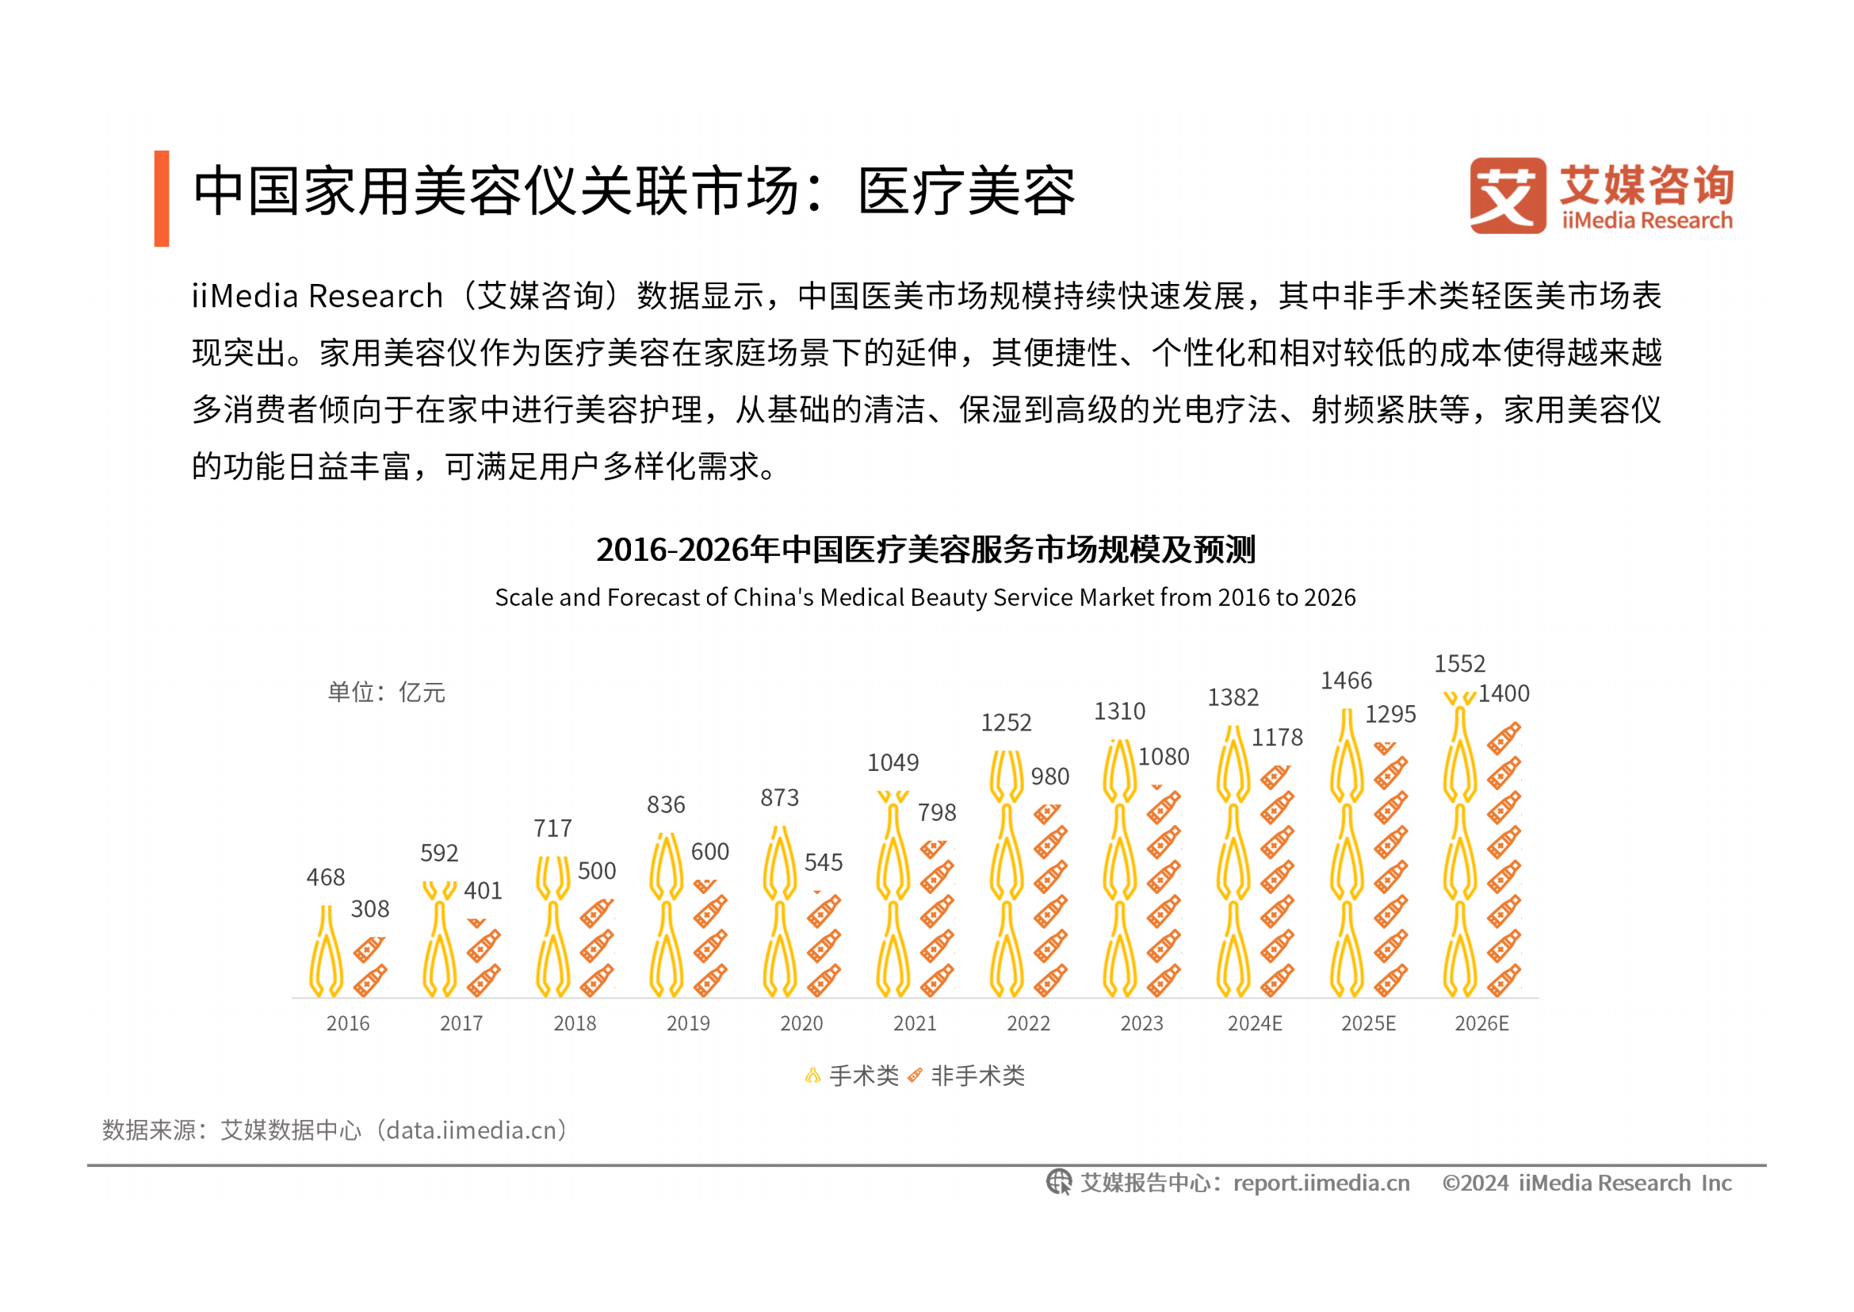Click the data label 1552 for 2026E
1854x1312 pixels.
pyautogui.click(x=1459, y=664)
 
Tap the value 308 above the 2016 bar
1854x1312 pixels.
pyautogui.click(x=370, y=910)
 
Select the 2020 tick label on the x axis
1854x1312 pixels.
pyautogui.click(x=801, y=1023)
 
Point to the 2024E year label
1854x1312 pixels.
pyautogui.click(x=1255, y=1023)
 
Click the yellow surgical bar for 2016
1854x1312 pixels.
pyautogui.click(x=327, y=953)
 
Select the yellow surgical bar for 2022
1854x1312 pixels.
pyautogui.click(x=1007, y=877)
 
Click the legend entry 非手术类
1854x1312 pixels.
pyautogui.click(x=977, y=1076)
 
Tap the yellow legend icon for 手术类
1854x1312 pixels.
pyautogui.click(x=813, y=1076)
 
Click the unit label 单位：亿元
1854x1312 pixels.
pyautogui.click(x=386, y=692)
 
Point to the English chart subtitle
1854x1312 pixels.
pyautogui.click(x=925, y=598)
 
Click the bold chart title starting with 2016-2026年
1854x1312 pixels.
pyautogui.click(x=925, y=551)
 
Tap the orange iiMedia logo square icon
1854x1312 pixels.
pyautogui.click(x=1508, y=196)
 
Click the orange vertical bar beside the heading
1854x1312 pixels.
pyautogui.click(x=162, y=199)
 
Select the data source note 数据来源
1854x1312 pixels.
pyautogui.click(x=335, y=1130)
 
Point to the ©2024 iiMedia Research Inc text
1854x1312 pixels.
pyautogui.click(x=1587, y=1183)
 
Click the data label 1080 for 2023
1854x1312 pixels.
pyautogui.click(x=1164, y=757)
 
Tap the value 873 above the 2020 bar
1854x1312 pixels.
pyautogui.click(x=779, y=798)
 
